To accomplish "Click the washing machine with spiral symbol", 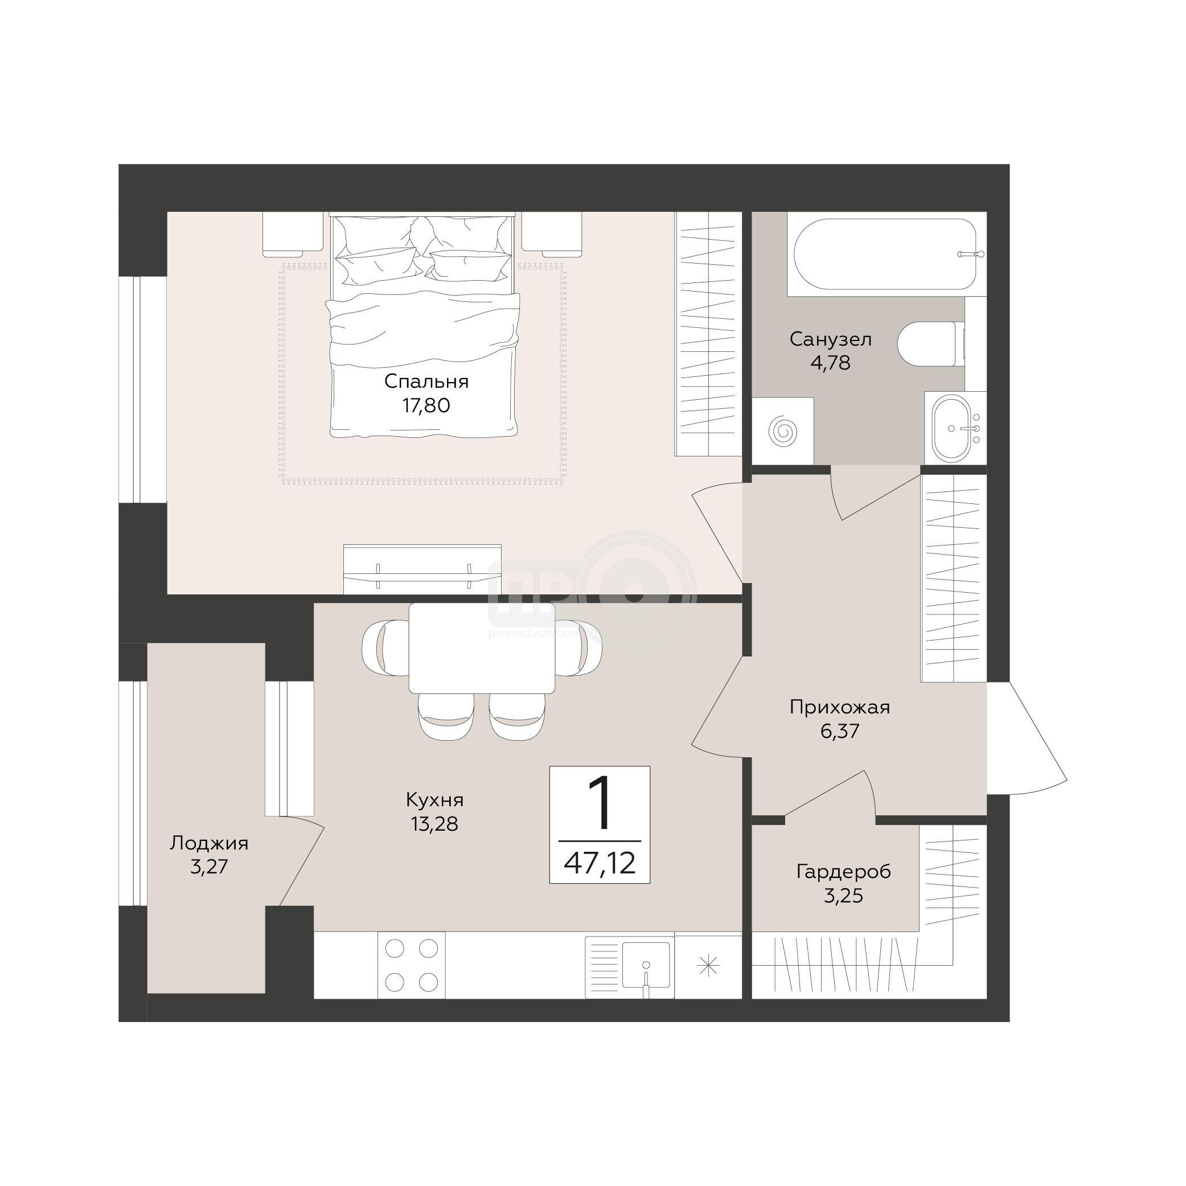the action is (x=783, y=430).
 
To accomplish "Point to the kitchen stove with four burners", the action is (x=411, y=965).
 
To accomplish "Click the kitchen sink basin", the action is (x=646, y=965).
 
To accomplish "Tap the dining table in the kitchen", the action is (x=482, y=647).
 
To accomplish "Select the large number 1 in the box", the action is (x=598, y=802).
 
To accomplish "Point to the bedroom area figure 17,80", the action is (x=426, y=405).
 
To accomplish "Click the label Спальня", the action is (x=426, y=381).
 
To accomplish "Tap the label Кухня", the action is (x=434, y=800).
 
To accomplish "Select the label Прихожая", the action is (x=840, y=707).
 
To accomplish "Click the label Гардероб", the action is (x=843, y=872).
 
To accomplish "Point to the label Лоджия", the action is (x=210, y=843).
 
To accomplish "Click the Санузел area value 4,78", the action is (x=831, y=363).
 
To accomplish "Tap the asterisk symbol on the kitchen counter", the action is (x=708, y=966).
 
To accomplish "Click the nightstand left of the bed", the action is (x=293, y=235).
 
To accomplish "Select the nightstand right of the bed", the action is (x=551, y=235).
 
